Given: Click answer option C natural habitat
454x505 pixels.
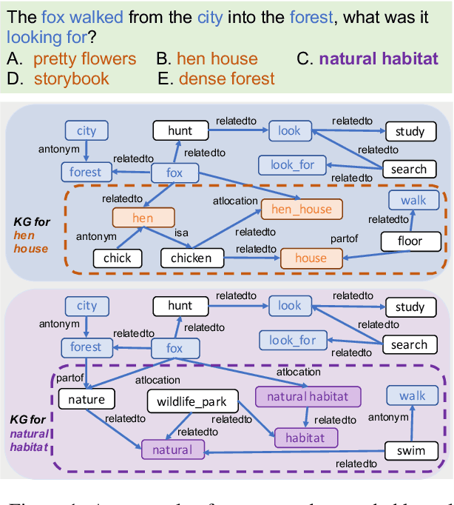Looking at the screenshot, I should [367, 58].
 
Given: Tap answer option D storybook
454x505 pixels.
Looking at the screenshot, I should [62, 78].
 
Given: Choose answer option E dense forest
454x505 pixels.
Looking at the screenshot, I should [217, 78].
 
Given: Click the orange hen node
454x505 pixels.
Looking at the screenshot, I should [143, 218].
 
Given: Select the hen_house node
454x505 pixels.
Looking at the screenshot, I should [301, 210].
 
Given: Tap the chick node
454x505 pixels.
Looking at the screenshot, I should [117, 258].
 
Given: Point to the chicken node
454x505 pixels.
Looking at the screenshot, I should [192, 258].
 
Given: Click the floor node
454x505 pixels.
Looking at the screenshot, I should [410, 241].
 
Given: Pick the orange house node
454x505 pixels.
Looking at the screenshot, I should [311, 258].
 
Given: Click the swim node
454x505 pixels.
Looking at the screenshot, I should [410, 450].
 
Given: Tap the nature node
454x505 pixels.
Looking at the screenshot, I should [87, 399].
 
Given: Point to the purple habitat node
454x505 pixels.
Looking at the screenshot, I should [305, 438].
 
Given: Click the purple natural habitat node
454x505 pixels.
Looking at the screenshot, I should [307, 396].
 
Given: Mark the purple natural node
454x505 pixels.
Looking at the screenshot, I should [172, 449].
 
